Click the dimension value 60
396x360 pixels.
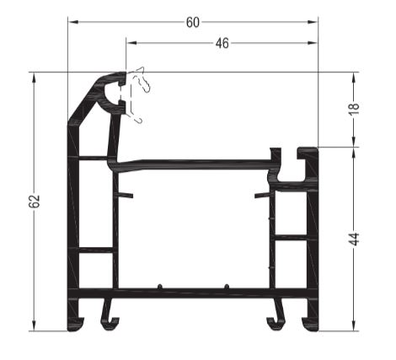click(x=193, y=23)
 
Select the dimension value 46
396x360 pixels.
click(x=222, y=43)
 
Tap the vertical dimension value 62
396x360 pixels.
click(x=35, y=201)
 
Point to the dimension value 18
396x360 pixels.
click(x=355, y=109)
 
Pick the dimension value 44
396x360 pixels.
click(x=355, y=239)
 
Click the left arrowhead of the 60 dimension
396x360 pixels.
click(x=73, y=22)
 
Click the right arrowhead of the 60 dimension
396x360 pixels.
click(x=313, y=22)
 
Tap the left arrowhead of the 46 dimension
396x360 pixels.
click(x=131, y=43)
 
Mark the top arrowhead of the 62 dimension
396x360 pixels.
click(x=35, y=78)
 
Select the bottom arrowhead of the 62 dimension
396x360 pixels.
click(x=35, y=325)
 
